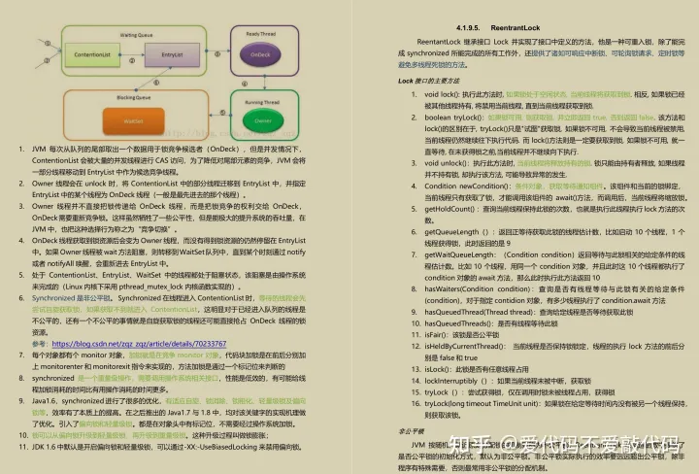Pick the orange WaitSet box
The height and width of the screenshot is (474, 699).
pos(132,120)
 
